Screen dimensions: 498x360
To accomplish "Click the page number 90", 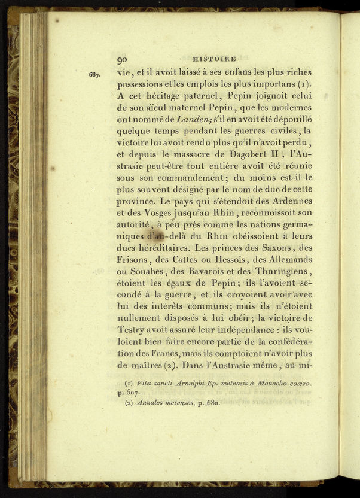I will click(123, 59).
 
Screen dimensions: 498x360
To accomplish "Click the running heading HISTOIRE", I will click(215, 59).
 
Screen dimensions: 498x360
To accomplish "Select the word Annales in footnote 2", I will click(154, 404).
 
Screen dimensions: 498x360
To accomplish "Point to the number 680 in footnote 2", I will click(211, 404).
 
